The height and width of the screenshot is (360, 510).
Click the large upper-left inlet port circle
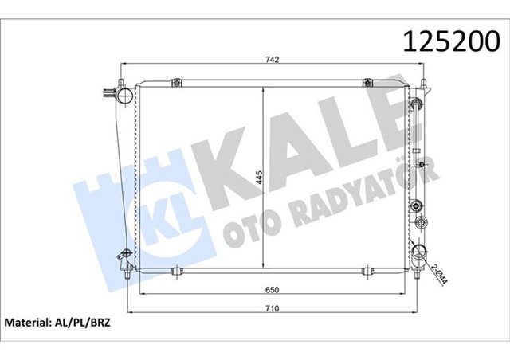123,96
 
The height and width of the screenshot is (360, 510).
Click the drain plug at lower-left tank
124,256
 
